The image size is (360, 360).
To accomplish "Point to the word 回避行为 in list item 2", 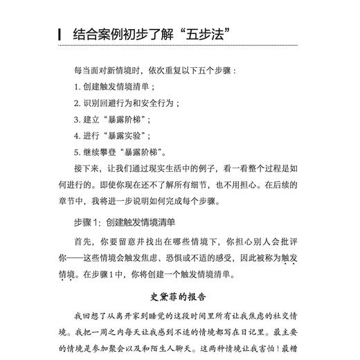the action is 123,102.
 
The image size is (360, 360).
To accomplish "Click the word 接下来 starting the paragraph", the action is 87,168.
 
